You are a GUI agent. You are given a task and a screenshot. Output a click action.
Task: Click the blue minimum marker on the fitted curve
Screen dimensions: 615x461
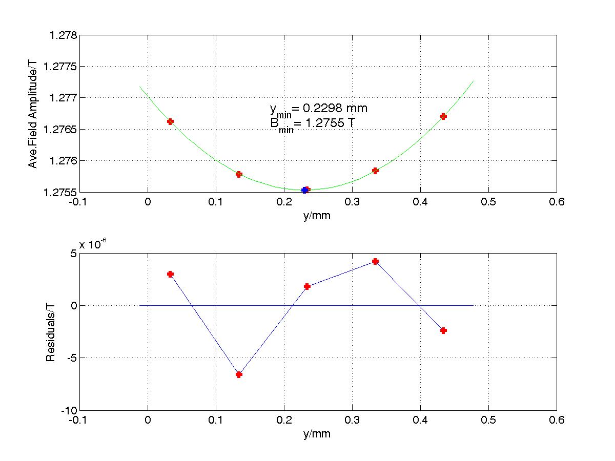pyautogui.click(x=304, y=191)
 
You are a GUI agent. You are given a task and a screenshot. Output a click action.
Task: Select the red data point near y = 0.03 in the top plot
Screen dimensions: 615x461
pyautogui.click(x=170, y=121)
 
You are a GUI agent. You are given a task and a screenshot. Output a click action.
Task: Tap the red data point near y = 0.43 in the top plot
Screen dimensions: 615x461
pyautogui.click(x=443, y=116)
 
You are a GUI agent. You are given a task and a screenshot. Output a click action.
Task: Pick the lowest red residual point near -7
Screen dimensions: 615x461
pyautogui.click(x=239, y=374)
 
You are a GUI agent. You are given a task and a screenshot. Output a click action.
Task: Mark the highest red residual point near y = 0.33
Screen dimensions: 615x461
pyautogui.click(x=375, y=261)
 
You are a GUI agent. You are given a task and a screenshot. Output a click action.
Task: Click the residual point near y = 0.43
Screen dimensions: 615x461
pyautogui.click(x=443, y=330)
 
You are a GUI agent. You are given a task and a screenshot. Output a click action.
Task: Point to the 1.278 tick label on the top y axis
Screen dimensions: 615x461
pyautogui.click(x=63, y=35)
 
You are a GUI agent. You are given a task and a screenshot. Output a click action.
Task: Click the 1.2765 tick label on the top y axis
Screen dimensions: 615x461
pyautogui.click(x=60, y=130)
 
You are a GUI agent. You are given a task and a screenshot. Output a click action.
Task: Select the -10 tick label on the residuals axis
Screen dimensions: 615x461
pyautogui.click(x=69, y=411)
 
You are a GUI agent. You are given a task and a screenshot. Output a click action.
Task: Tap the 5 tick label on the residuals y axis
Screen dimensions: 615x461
pyautogui.click(x=74, y=254)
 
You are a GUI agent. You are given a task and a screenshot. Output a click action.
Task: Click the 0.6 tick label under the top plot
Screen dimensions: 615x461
pyautogui.click(x=557, y=202)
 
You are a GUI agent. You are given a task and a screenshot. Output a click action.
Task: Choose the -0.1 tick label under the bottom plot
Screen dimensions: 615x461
pyautogui.click(x=78, y=420)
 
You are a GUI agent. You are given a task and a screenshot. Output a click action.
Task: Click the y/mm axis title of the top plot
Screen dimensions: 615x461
pyautogui.click(x=317, y=216)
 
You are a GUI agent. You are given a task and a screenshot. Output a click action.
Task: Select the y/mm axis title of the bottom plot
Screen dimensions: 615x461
pyautogui.click(x=317, y=434)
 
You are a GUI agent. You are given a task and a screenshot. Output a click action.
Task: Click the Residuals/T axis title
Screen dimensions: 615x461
pyautogui.click(x=50, y=332)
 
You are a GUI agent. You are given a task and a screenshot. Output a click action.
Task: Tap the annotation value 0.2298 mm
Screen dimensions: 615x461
pyautogui.click(x=335, y=108)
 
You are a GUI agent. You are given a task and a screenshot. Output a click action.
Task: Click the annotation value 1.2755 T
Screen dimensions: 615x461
pyautogui.click(x=331, y=122)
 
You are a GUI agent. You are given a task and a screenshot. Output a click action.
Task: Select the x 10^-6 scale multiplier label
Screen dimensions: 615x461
pyautogui.click(x=93, y=244)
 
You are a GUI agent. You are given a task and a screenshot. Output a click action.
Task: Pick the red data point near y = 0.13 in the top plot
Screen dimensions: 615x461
pyautogui.click(x=239, y=174)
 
